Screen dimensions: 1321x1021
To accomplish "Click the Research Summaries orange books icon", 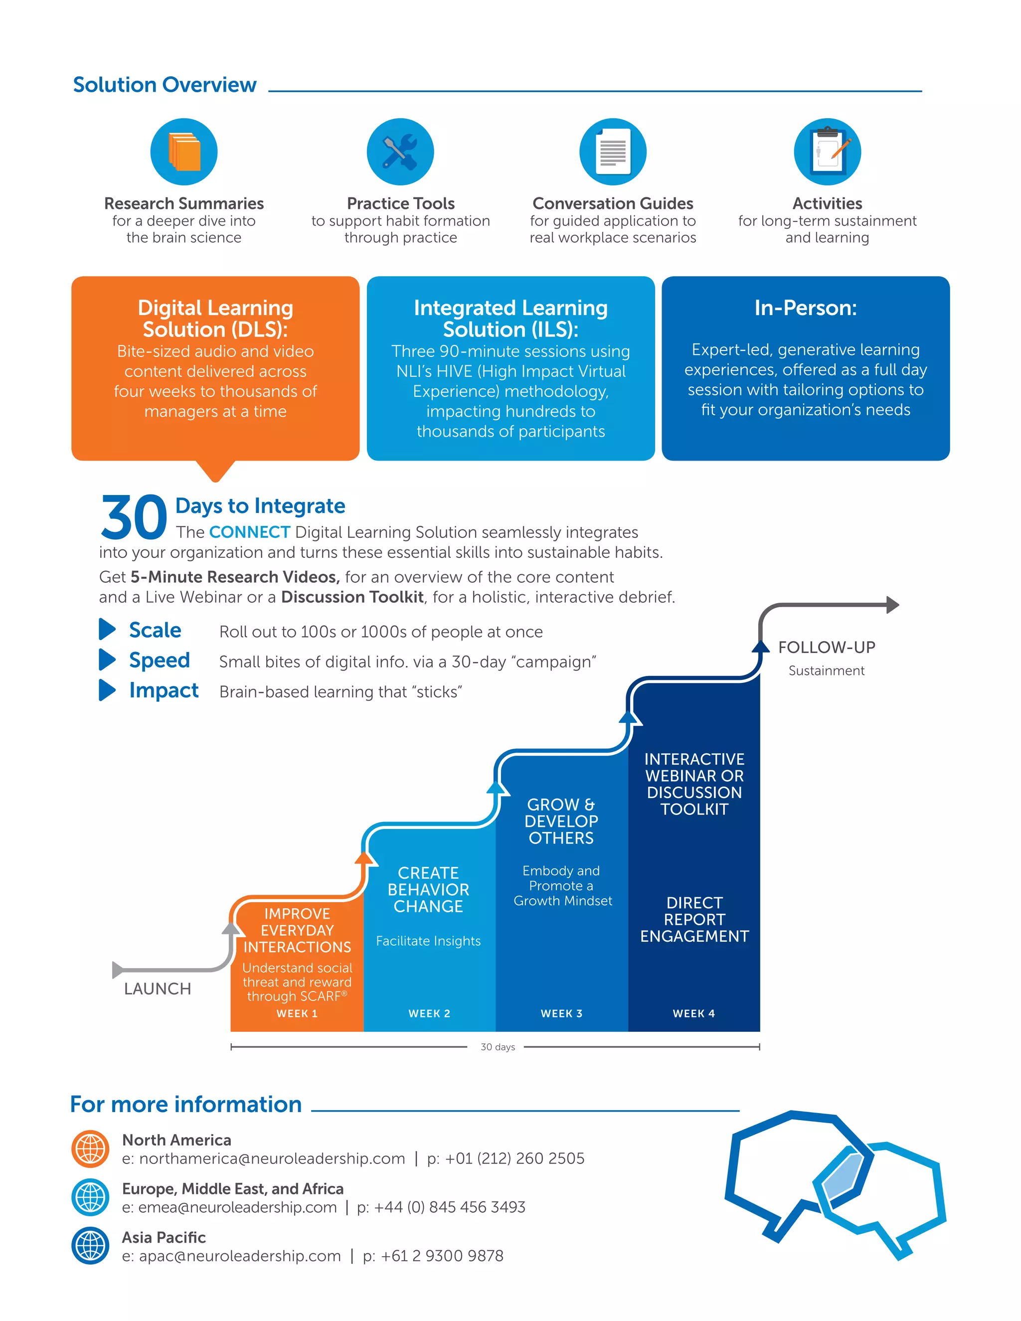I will tap(184, 152).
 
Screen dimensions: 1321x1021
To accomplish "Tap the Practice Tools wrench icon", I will tap(400, 152).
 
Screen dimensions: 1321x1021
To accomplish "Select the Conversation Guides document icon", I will tap(613, 152).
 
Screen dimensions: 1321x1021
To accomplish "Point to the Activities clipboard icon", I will tap(827, 152).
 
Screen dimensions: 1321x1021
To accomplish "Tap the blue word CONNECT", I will tap(249, 532).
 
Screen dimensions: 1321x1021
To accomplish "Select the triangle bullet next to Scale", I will tap(107, 629).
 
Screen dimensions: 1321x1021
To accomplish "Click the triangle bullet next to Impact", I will tap(107, 690).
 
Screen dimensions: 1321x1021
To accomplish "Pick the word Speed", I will tap(159, 660).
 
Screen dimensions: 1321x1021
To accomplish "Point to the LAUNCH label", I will tap(157, 989).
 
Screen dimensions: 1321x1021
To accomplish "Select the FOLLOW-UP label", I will tap(826, 647).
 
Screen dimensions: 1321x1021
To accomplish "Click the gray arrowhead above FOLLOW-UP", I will tap(893, 604).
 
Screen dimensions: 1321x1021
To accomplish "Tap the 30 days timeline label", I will tap(497, 1047).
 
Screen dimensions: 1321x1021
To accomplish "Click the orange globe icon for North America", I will tap(90, 1149).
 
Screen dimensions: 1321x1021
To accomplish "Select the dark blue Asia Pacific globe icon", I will tap(90, 1246).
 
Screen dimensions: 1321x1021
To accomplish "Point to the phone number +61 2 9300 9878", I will tap(442, 1256).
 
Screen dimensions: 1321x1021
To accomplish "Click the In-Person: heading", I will tap(805, 308).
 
